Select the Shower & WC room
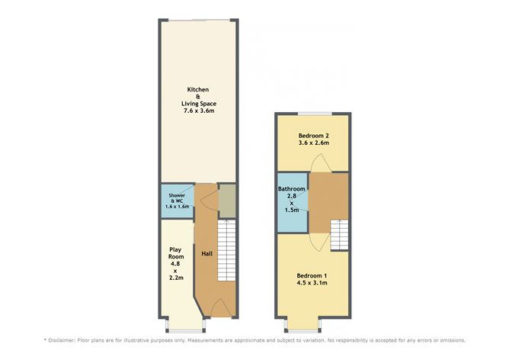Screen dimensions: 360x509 coord(177,201)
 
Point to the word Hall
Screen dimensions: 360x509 coord(206,253)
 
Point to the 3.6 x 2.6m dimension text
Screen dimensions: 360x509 coord(313,142)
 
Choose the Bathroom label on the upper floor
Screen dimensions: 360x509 coord(291,188)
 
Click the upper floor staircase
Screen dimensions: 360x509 coord(339,233)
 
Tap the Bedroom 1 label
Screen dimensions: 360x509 coord(312,275)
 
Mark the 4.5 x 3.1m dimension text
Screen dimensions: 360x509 coord(312,283)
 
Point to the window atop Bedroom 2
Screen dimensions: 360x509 coord(314,113)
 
